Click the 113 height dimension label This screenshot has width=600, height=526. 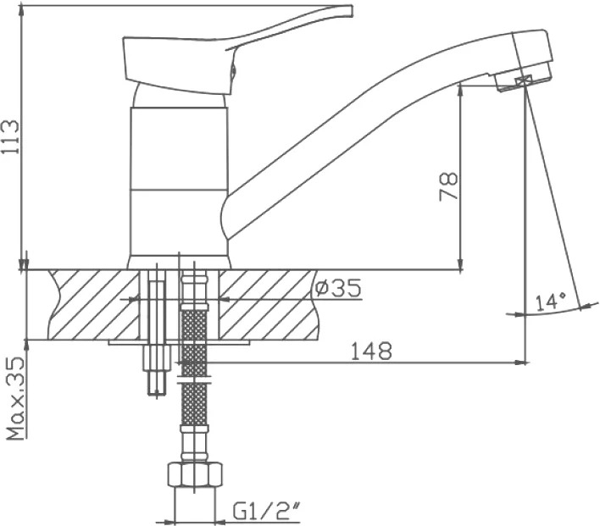coord(9,137)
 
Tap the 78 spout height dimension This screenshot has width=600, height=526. coord(448,186)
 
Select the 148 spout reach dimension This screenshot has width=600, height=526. coord(371,351)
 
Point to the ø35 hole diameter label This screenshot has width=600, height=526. coord(337,288)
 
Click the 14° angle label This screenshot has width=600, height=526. coord(550,302)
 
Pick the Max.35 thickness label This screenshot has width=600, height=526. coord(15,398)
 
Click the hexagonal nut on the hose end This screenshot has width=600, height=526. coord(195,474)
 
